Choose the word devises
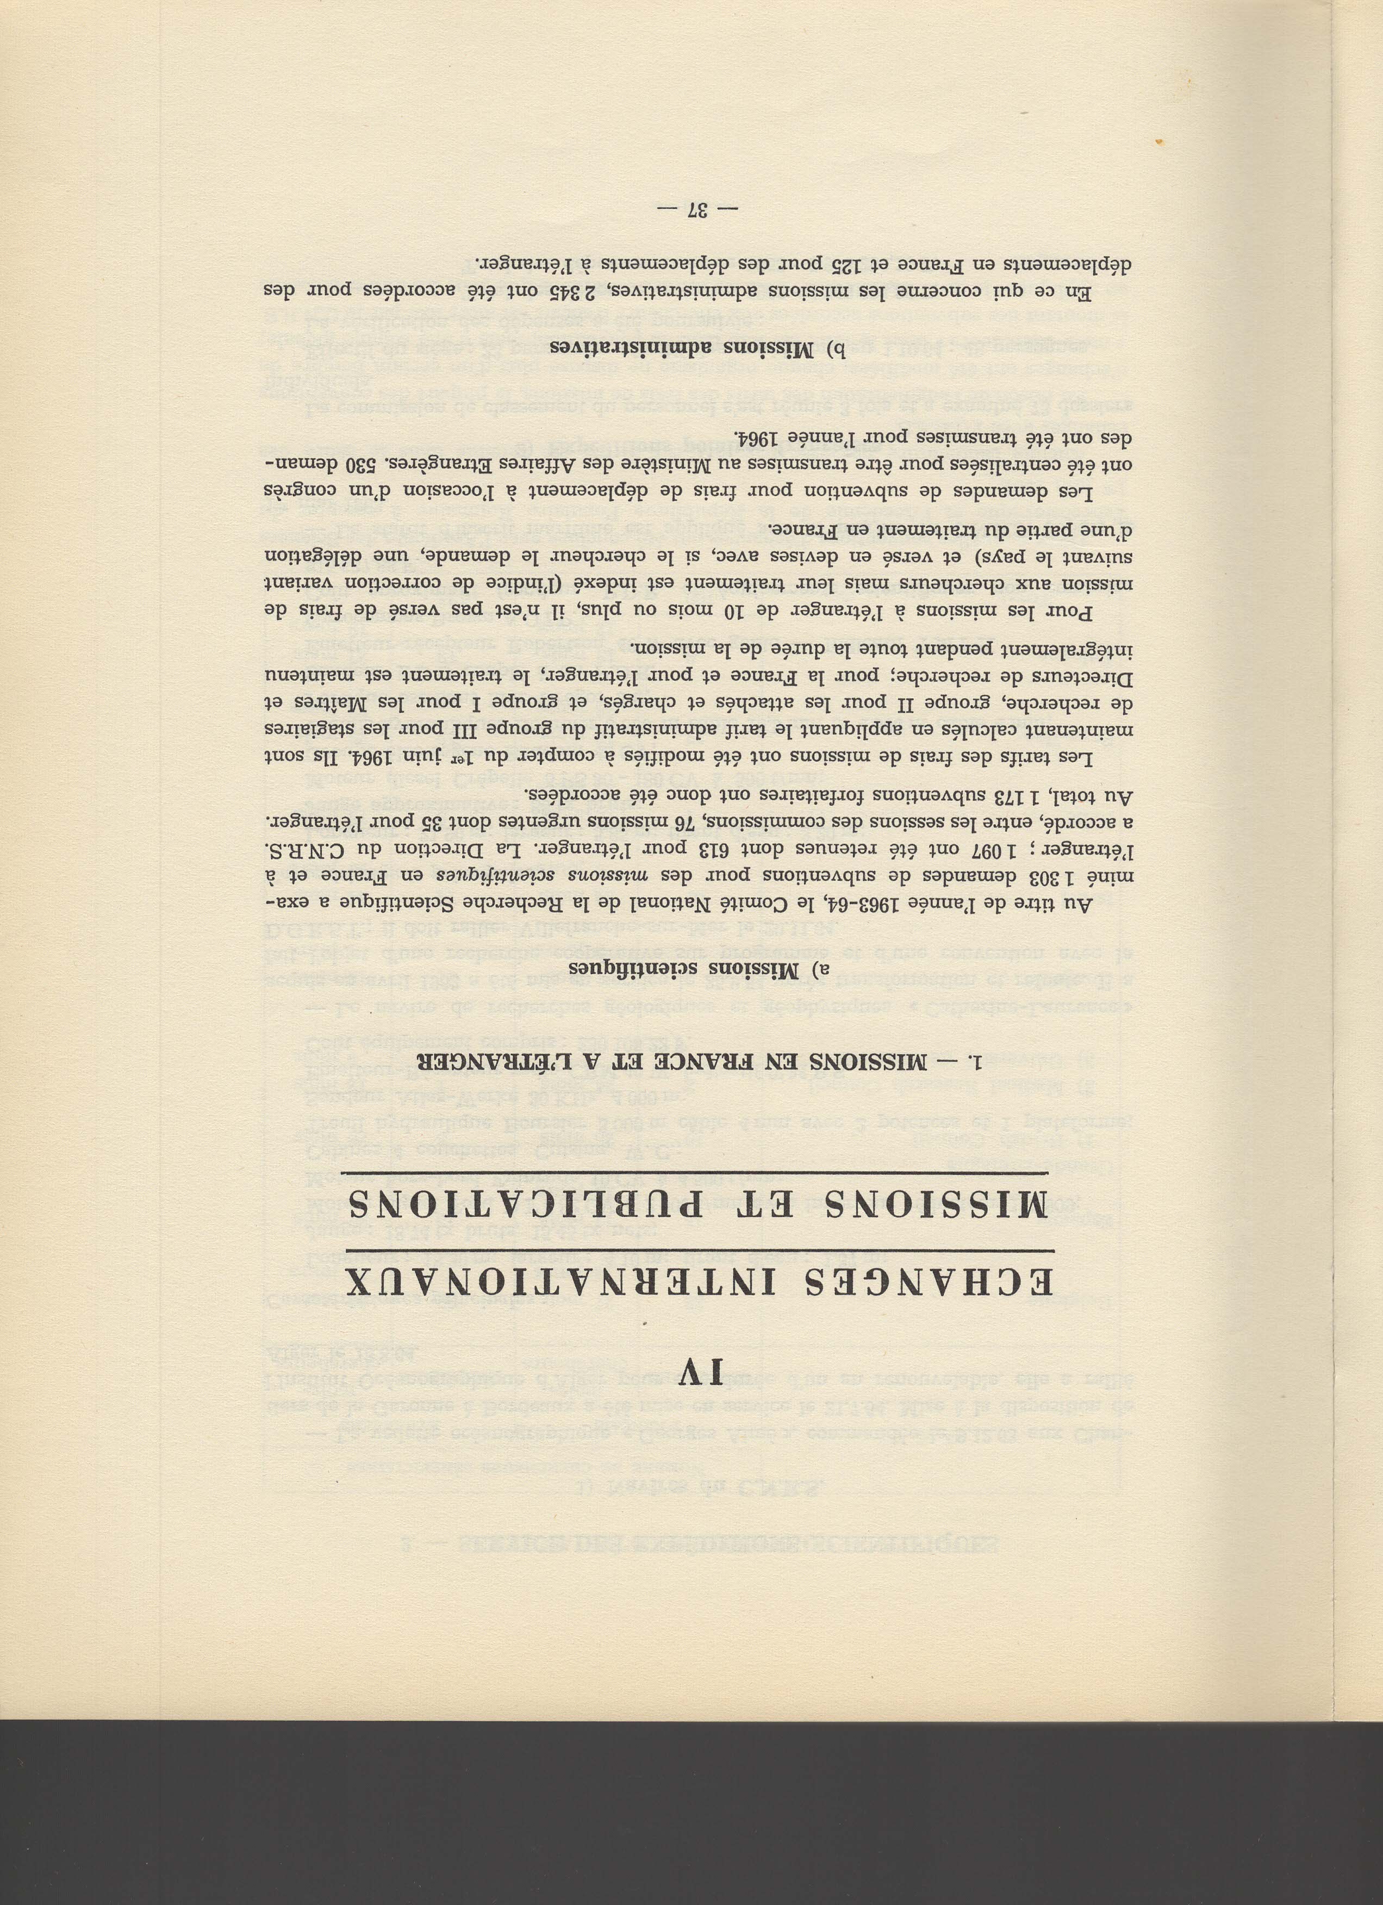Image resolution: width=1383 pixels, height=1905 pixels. coord(777,559)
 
